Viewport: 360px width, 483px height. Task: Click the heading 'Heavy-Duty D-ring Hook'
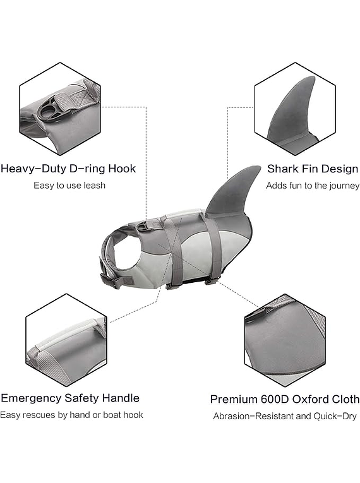[x=68, y=169]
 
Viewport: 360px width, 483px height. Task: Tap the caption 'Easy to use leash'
[x=69, y=186]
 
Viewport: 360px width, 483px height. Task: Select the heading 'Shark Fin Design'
[x=313, y=169]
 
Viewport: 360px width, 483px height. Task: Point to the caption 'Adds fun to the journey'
[x=313, y=186]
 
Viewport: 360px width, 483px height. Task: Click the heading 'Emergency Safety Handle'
[x=70, y=398]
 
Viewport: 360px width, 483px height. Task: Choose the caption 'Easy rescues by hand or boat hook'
[x=71, y=415]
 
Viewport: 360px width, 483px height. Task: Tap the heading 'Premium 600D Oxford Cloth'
[x=285, y=399]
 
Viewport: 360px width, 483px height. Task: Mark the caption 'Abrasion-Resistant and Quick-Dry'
[x=285, y=416]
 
